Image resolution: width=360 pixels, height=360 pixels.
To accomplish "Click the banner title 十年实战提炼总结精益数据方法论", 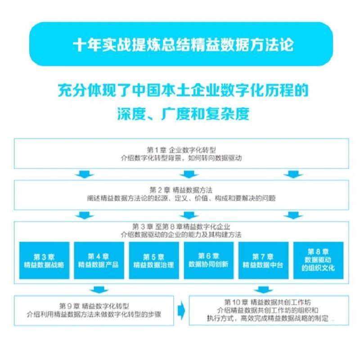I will (x=180, y=45).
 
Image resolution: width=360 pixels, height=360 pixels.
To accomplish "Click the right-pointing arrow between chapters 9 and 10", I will (x=182, y=310).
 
